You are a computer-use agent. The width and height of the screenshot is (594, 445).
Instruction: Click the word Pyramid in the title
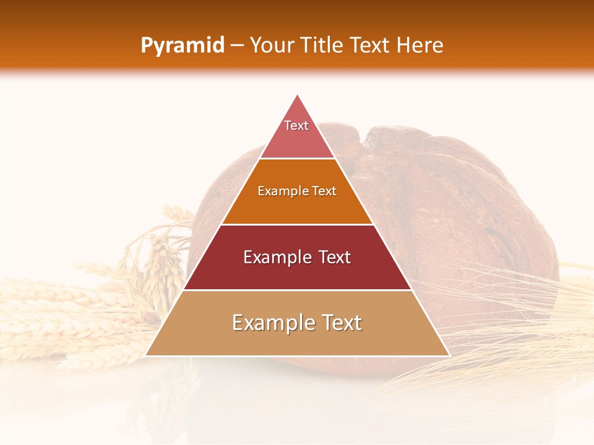click(182, 46)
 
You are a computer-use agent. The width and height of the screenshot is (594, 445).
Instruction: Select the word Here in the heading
click(420, 46)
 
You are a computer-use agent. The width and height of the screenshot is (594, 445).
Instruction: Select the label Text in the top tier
click(296, 125)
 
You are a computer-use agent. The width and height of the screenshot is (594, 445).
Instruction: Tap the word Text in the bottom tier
click(341, 323)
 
